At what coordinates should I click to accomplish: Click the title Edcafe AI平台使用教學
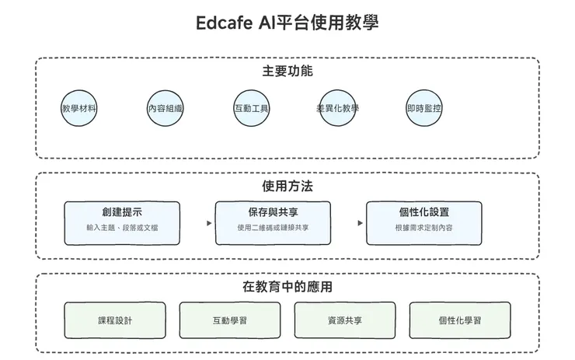287,22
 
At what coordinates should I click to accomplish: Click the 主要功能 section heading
287,72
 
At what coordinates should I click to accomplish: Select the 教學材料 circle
79,108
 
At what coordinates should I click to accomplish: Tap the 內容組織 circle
166,109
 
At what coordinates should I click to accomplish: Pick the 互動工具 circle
252,108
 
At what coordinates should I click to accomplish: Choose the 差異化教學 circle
338,108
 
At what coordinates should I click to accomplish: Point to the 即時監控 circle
424,108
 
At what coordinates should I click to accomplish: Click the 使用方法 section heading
287,187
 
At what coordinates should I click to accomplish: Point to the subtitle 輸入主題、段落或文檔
122,228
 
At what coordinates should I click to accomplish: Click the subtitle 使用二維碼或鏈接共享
273,228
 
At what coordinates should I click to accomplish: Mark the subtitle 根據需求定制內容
423,228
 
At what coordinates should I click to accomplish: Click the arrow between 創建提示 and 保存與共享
209,223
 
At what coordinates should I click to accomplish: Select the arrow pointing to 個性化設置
360,223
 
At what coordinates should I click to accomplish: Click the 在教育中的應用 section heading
287,287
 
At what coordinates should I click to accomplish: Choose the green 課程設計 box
115,320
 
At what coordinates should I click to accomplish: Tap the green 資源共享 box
345,320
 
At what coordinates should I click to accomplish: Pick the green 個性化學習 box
460,320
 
